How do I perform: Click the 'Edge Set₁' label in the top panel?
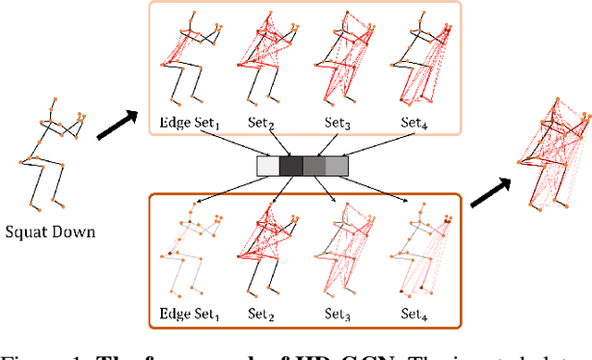[x=184, y=121]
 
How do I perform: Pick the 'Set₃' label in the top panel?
[x=339, y=121]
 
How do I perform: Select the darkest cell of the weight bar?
[x=291, y=166]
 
